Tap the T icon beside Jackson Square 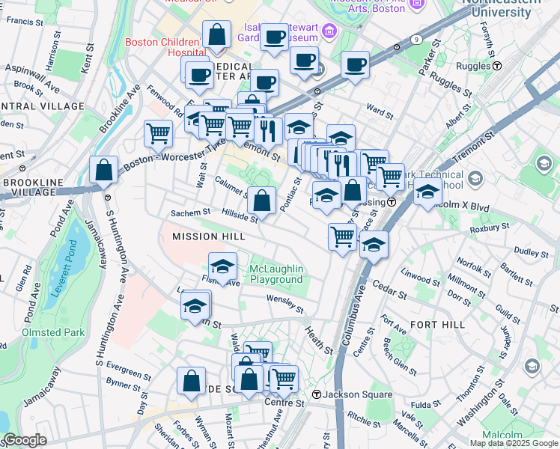pyautogui.click(x=317, y=394)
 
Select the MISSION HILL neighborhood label pyautogui.click(x=201, y=236)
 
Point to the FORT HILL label pyautogui.click(x=437, y=325)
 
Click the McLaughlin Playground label pyautogui.click(x=276, y=274)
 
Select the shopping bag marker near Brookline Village pyautogui.click(x=103, y=170)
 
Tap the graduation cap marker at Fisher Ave pyautogui.click(x=222, y=266)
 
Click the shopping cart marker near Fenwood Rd pyautogui.click(x=158, y=134)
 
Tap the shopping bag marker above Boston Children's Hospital pyautogui.click(x=216, y=34)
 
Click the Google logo pyautogui.click(x=25, y=440)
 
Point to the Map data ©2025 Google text pyautogui.click(x=513, y=443)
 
